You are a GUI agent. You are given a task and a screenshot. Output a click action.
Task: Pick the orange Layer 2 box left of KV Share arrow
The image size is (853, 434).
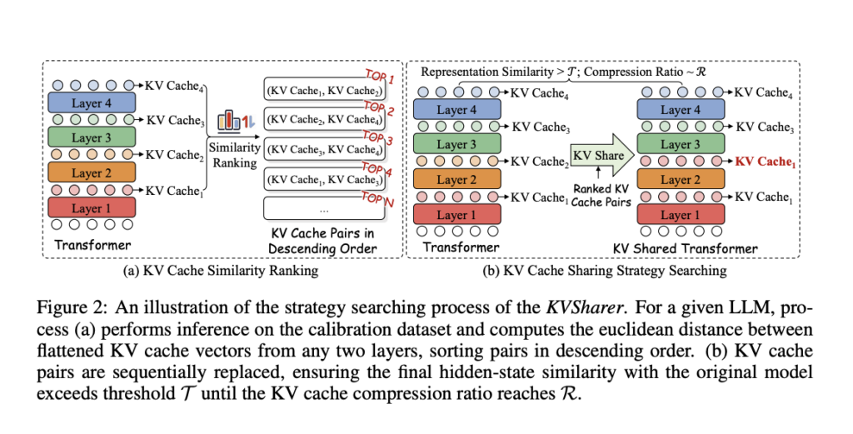tap(455, 179)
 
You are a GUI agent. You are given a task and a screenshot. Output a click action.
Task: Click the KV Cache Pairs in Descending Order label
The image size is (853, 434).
tap(321, 241)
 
